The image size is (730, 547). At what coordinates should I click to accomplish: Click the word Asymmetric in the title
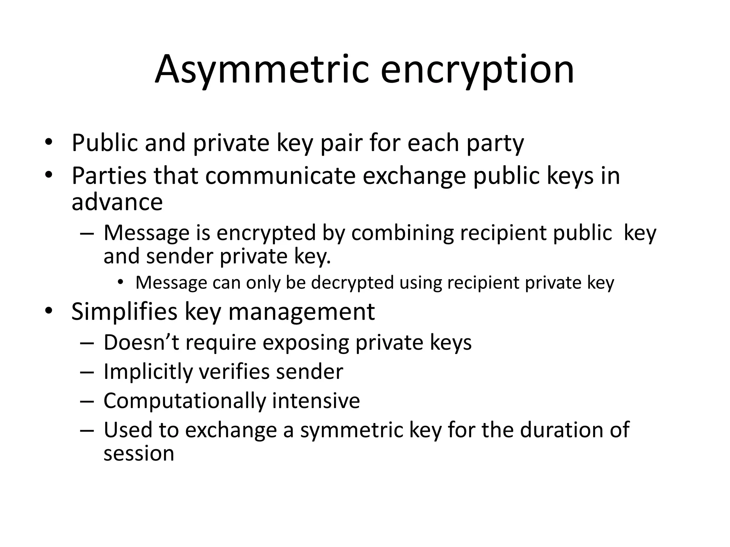click(x=262, y=69)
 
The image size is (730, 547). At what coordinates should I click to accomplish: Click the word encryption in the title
click(x=477, y=69)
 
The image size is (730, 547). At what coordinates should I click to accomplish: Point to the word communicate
click(x=280, y=176)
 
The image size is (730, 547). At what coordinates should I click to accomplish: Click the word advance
click(x=117, y=202)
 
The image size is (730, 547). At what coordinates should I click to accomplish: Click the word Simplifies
click(x=124, y=312)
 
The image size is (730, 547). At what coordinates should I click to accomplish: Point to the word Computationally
click(x=185, y=401)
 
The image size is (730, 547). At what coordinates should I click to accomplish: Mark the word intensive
click(x=316, y=400)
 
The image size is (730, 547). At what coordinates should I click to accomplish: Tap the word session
click(x=139, y=454)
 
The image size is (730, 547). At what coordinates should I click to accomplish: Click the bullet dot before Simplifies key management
click(x=48, y=311)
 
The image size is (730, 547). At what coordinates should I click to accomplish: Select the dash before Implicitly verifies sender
click(x=87, y=372)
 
